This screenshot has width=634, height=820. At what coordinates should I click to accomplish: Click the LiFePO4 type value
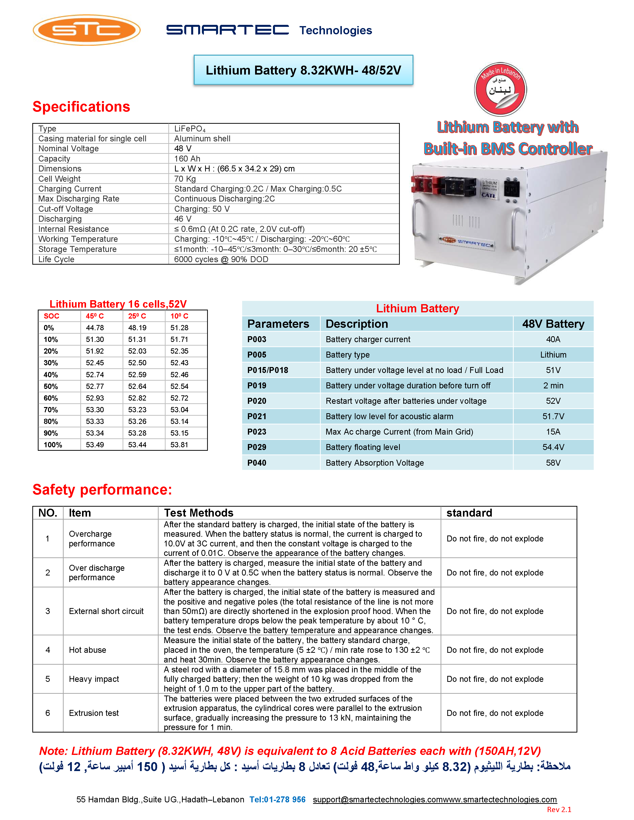point(190,129)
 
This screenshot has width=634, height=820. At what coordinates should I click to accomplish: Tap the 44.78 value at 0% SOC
point(95,328)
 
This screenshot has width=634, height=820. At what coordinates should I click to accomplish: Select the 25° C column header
point(137,316)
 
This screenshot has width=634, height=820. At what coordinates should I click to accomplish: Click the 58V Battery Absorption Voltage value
point(553,463)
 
